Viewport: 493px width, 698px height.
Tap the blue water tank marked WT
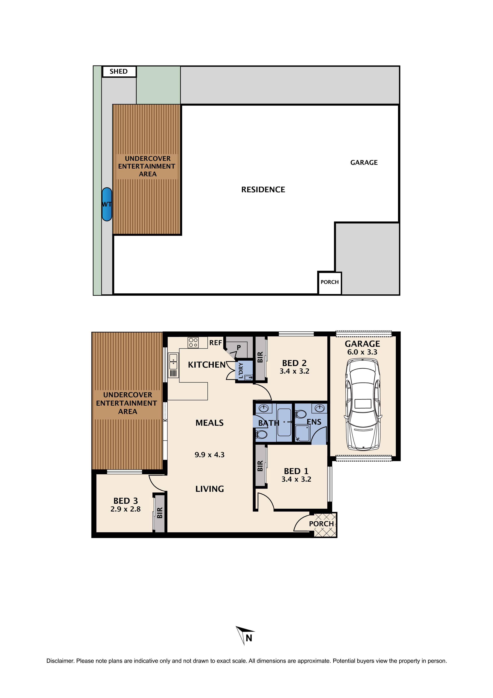(x=107, y=204)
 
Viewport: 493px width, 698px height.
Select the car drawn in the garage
(x=363, y=405)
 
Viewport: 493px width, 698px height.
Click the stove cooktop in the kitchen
(x=193, y=343)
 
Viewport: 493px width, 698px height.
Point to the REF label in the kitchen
(x=216, y=343)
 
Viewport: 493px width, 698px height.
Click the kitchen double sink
(x=173, y=361)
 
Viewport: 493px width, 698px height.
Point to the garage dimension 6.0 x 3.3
(x=362, y=352)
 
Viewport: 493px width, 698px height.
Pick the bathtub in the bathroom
(x=284, y=422)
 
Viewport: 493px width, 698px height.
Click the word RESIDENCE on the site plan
(x=263, y=190)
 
